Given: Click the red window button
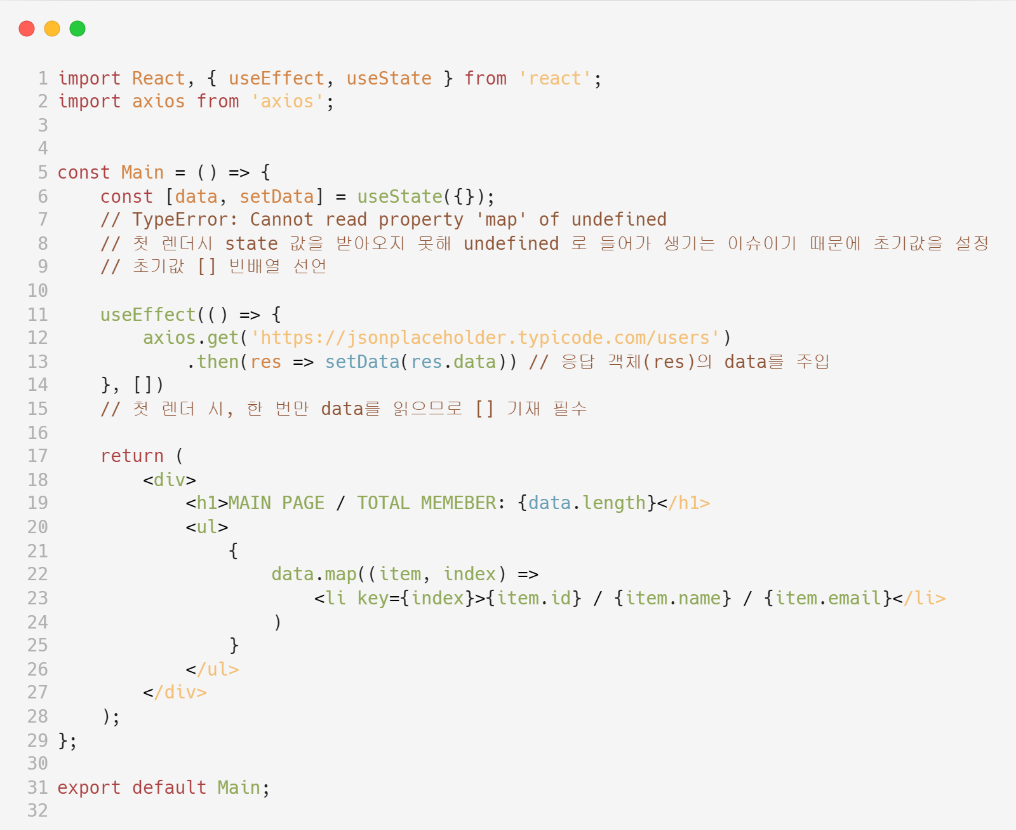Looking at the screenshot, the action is (x=27, y=29).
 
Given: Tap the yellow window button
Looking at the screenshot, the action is (x=52, y=29).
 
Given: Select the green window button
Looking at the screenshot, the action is (x=77, y=29).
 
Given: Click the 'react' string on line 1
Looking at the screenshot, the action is (x=555, y=78).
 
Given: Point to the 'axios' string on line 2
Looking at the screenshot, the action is (x=287, y=102).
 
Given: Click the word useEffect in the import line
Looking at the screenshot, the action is (x=276, y=78).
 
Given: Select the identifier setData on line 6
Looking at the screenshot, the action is (x=277, y=196).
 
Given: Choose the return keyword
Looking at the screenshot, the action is (x=132, y=456).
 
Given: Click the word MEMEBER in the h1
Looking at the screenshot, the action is (x=458, y=503).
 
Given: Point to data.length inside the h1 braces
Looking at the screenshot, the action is (x=586, y=503).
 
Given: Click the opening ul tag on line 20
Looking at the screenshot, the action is (x=207, y=527).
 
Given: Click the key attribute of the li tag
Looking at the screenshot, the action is (x=372, y=598).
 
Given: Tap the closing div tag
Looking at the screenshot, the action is (x=175, y=692).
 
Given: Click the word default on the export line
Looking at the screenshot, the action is (x=169, y=787).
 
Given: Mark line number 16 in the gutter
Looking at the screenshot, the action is (x=37, y=433).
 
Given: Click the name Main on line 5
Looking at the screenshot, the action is (x=142, y=172).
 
